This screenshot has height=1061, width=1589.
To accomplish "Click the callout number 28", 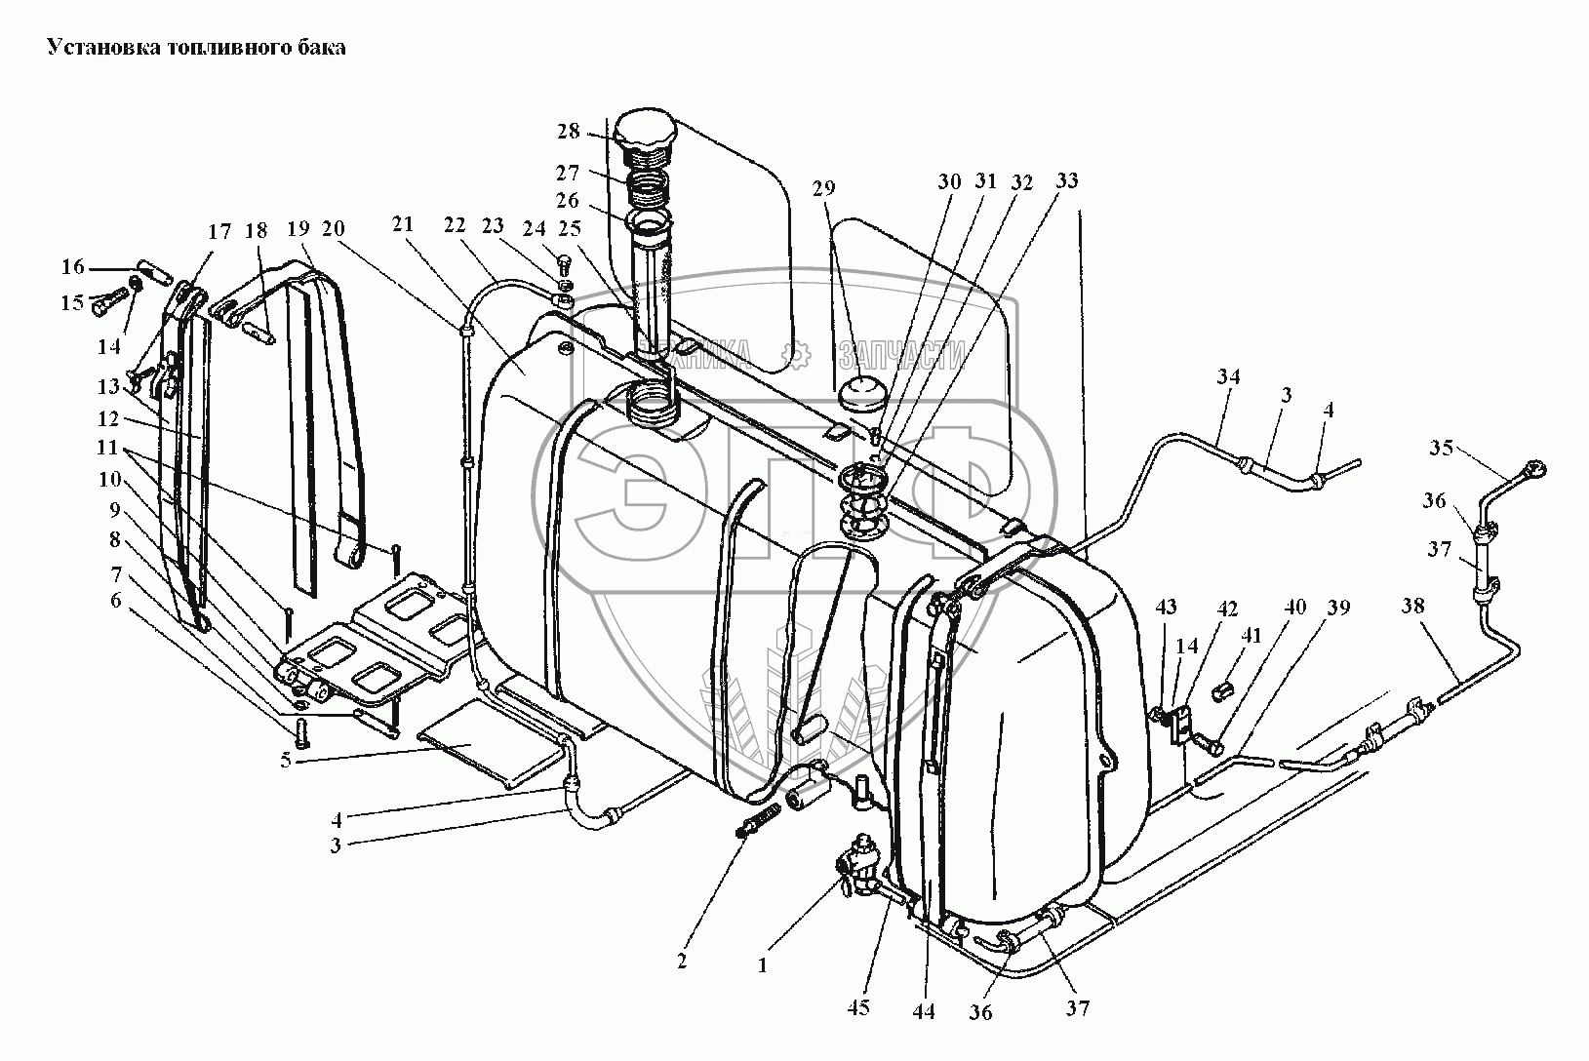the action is (569, 132).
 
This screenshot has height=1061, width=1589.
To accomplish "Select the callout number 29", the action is (824, 187).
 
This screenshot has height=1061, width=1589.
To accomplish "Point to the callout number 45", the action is (859, 1008).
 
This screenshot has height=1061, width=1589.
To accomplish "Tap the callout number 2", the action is (682, 962).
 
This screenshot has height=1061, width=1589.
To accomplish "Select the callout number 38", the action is (1412, 606).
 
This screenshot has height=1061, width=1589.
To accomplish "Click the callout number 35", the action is (1442, 449).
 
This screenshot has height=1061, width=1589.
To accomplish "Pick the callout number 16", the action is (73, 267).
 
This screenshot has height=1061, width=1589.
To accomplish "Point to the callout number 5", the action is (286, 761).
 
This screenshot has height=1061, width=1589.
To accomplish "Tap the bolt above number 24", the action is (564, 263).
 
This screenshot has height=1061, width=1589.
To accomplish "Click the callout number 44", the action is (924, 1012).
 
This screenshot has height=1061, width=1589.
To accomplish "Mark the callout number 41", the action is (1251, 636).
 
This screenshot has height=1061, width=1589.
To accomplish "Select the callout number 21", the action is (403, 224).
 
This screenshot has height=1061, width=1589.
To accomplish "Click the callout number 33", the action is (1067, 180).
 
